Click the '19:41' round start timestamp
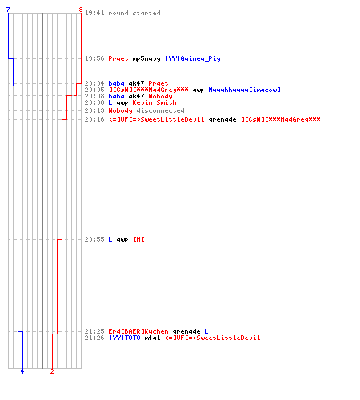[x=94, y=13]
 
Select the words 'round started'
[x=134, y=13]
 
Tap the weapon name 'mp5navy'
[x=146, y=58]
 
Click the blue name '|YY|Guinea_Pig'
[x=193, y=58]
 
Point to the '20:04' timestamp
[x=94, y=83]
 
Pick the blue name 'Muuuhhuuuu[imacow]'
[x=244, y=90]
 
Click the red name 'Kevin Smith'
[x=154, y=102]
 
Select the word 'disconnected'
[x=160, y=110]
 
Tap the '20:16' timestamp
[x=94, y=119]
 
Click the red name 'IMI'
[x=138, y=239]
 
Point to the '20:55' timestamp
[x=94, y=239]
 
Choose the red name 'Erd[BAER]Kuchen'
[x=138, y=331]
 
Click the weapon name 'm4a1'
[x=152, y=338]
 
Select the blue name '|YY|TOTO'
[x=125, y=338]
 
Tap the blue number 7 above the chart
[x=8, y=10]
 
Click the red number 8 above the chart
[x=81, y=10]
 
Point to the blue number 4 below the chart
[x=22, y=371]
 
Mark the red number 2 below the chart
[x=52, y=371]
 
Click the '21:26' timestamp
[x=94, y=338]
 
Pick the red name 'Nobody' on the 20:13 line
[x=120, y=110]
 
